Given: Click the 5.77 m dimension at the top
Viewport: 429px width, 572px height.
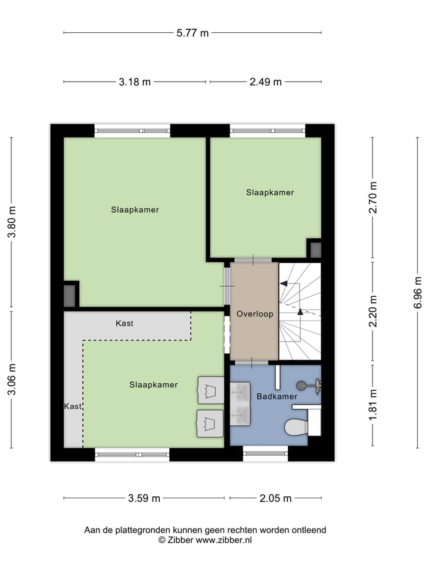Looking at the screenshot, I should point(192,33).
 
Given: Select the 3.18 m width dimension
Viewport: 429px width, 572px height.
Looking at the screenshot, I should point(135,82).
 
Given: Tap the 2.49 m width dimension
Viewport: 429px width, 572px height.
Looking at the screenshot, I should point(265,82).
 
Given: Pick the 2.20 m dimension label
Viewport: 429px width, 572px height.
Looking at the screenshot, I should point(373,311).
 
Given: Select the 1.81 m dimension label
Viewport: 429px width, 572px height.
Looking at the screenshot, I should point(373,405).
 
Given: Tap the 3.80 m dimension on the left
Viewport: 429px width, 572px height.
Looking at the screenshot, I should point(11,222).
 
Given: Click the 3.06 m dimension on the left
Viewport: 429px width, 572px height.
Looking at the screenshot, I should point(11,379).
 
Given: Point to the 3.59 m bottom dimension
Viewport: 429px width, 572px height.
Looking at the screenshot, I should point(144,499).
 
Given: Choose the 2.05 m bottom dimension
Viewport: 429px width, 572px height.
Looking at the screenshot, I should point(275,499).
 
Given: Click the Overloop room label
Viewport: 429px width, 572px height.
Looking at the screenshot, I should point(254,314).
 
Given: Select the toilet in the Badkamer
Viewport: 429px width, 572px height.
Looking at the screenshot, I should point(296,427).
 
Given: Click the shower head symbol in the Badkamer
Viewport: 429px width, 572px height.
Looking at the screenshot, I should point(302,386).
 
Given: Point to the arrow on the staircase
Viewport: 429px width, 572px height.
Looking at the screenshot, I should point(300,311).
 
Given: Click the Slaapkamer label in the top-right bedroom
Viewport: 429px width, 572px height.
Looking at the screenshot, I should point(270,192).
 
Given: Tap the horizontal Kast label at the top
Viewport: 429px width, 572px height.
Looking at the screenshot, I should point(125,324).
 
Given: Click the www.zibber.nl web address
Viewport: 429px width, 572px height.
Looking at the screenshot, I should point(223,540).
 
